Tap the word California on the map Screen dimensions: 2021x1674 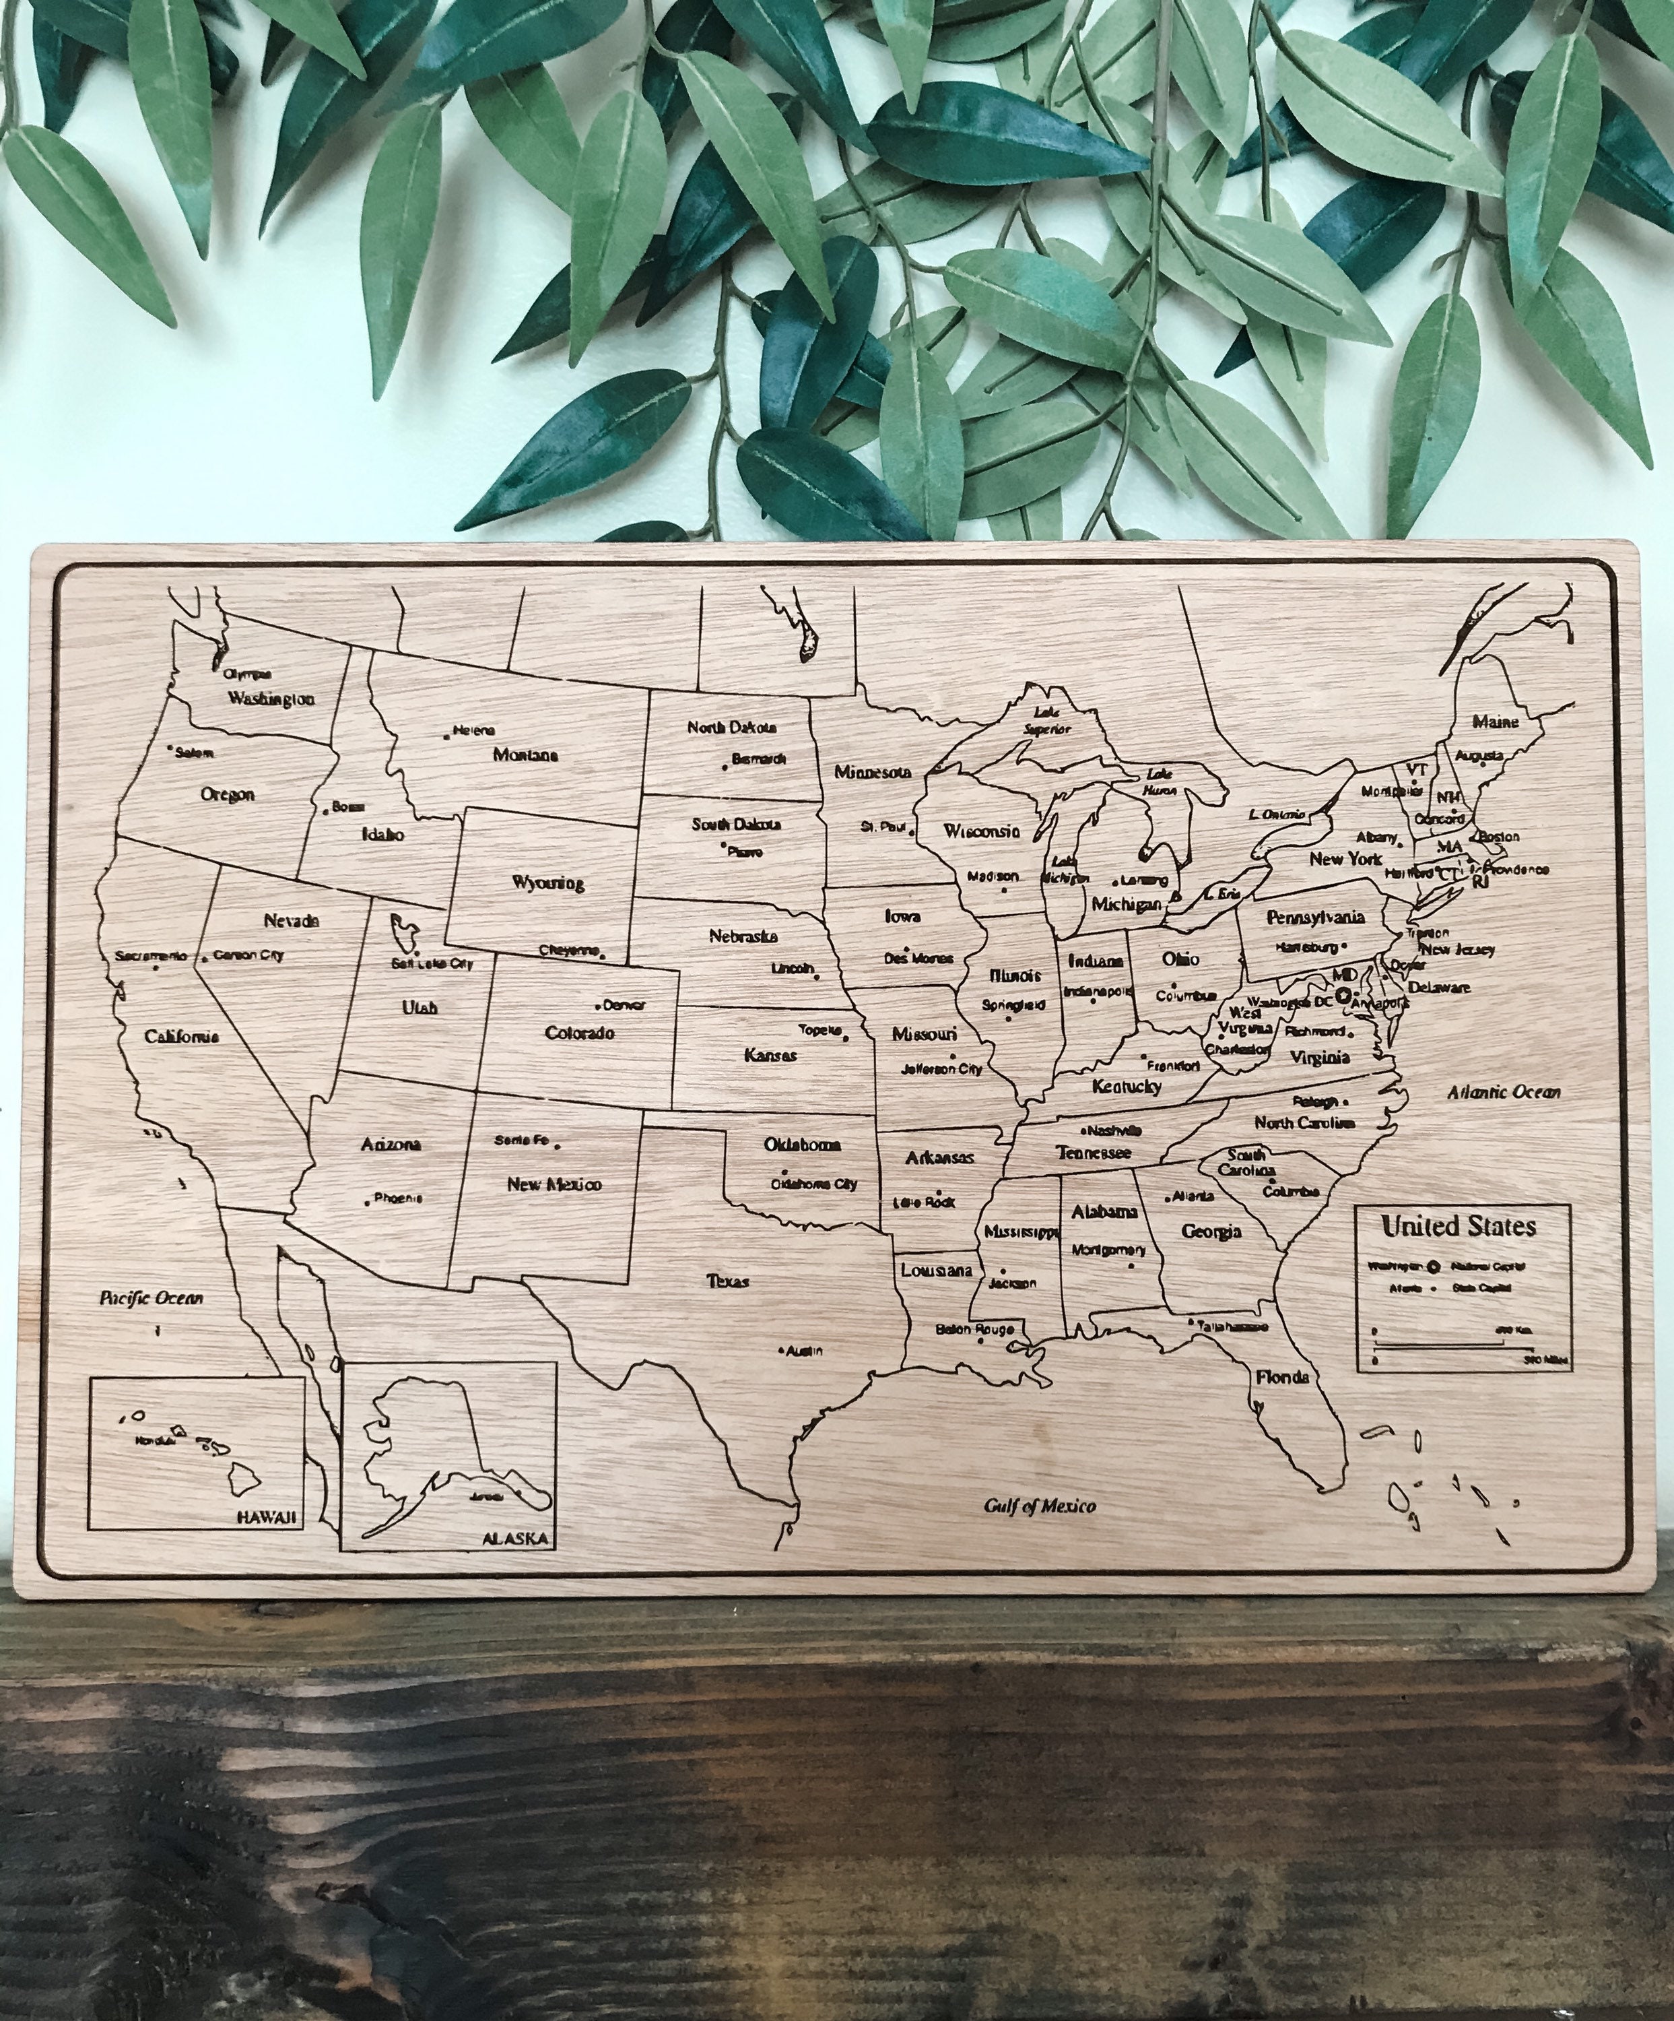(x=181, y=1037)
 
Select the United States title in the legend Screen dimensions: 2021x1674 (x=1459, y=1227)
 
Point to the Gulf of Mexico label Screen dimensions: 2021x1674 (x=1039, y=1506)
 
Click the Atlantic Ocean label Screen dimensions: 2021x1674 (x=1504, y=1092)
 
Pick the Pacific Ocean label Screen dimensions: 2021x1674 (x=152, y=1298)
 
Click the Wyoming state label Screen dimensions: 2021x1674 (x=547, y=883)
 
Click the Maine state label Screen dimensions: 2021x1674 (x=1496, y=721)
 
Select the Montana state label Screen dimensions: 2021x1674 (x=525, y=755)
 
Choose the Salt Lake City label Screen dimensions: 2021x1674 (x=432, y=963)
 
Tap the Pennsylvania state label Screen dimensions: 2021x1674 (x=1315, y=916)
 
